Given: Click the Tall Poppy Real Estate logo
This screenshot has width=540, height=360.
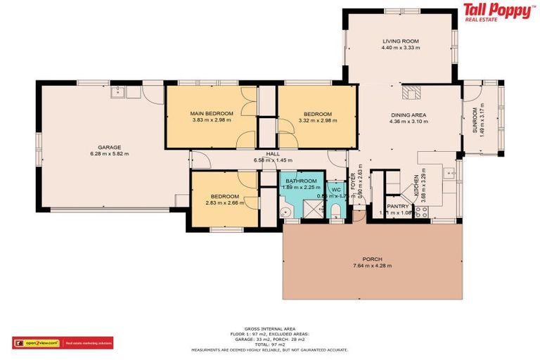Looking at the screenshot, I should click(497, 13).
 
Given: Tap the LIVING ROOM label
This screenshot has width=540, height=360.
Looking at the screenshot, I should click(401, 41).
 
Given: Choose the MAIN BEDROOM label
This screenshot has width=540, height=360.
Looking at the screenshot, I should click(212, 113).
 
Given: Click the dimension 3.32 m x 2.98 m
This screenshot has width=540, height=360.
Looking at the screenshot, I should click(318, 120).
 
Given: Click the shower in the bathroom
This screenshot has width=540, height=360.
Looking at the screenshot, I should click(309, 207).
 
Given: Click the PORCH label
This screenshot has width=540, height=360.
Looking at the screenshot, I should click(372, 259).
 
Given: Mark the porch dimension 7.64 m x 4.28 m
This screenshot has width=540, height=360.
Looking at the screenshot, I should click(372, 266).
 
